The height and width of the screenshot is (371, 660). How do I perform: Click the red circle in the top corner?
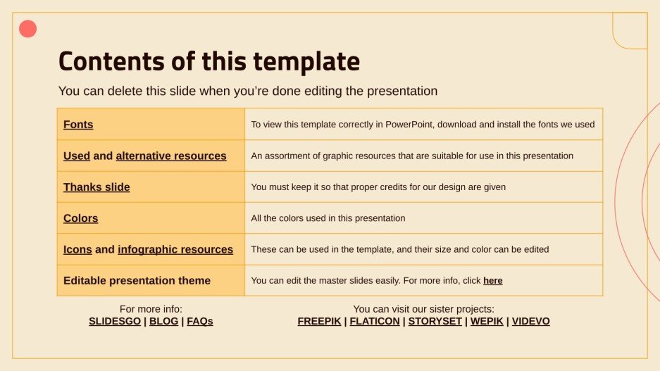[27, 29]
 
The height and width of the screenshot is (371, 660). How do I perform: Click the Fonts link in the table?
[78, 125]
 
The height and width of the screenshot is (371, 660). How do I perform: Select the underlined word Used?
[76, 156]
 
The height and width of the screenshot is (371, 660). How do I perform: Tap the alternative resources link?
[171, 156]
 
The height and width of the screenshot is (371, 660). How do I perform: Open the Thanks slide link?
[96, 187]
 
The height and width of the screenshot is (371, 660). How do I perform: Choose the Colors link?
[80, 218]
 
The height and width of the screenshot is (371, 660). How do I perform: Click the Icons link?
[77, 249]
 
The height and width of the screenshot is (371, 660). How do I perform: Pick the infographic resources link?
[175, 249]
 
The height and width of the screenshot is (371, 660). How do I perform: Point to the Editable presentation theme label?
[137, 280]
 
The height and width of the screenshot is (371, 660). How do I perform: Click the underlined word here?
[493, 281]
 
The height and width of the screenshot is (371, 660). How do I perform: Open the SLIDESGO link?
[114, 321]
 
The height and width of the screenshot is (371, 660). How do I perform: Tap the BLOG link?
[163, 321]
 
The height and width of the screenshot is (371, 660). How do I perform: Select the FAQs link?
[200, 321]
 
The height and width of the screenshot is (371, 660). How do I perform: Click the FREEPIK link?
[319, 321]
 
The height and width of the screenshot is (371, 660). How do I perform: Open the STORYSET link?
[435, 321]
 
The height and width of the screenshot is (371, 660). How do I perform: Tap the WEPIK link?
[486, 321]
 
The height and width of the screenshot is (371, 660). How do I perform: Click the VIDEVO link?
[530, 321]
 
